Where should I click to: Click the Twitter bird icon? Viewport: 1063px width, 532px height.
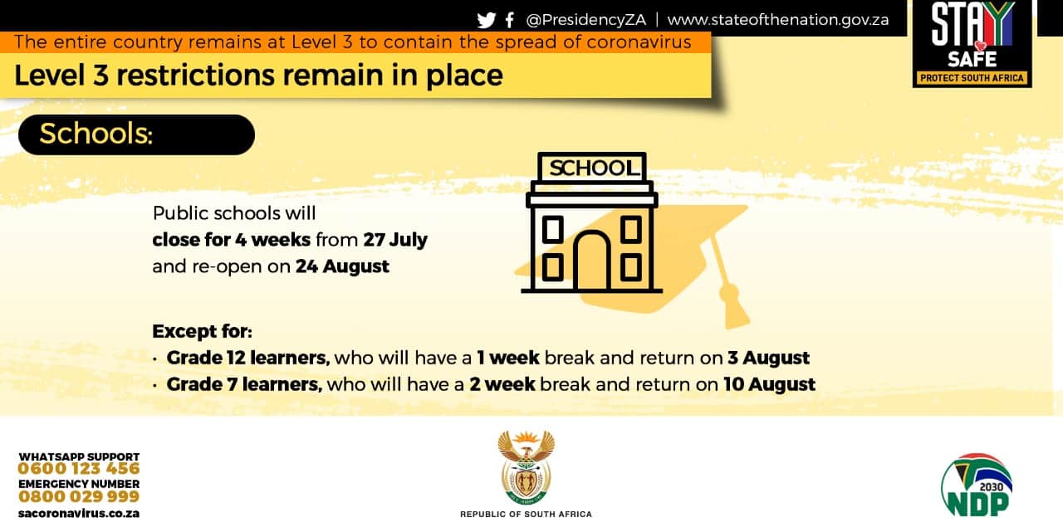click(487, 21)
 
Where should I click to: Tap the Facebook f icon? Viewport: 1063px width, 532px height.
click(510, 20)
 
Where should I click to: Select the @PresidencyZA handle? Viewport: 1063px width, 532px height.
click(586, 20)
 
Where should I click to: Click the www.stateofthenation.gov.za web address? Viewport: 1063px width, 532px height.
click(778, 20)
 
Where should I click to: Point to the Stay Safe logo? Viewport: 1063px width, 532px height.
click(972, 44)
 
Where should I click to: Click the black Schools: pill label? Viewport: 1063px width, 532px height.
click(136, 134)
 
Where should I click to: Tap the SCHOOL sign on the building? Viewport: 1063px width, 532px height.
click(592, 168)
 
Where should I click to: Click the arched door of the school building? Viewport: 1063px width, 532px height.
click(592, 261)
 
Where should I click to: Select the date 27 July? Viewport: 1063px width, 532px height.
click(395, 240)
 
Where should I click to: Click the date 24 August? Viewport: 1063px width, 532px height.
click(342, 266)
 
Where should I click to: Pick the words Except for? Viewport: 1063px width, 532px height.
click(202, 331)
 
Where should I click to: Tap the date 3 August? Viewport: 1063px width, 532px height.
click(769, 358)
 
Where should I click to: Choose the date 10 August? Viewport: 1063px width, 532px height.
click(769, 384)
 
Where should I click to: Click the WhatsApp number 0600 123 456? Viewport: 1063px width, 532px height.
click(79, 468)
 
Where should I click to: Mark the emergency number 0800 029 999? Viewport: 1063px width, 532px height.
click(79, 496)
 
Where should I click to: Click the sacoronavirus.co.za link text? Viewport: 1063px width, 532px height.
click(79, 514)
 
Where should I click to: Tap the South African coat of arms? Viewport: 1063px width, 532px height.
click(527, 467)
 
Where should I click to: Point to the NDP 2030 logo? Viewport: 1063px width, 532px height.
click(977, 485)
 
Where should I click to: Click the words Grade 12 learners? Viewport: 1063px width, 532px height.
click(248, 358)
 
